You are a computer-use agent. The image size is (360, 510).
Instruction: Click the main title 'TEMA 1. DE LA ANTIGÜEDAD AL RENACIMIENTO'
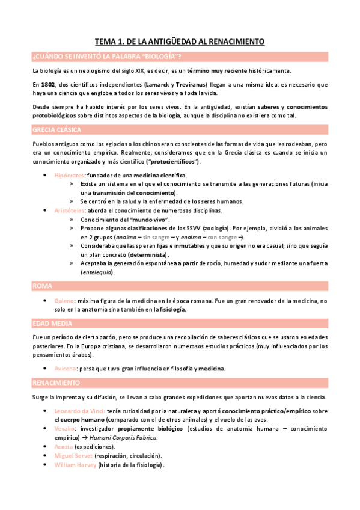pos(180,41)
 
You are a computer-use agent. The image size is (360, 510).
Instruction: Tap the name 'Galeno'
pos(64,300)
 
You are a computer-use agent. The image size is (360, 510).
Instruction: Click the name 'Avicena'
pos(66,368)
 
